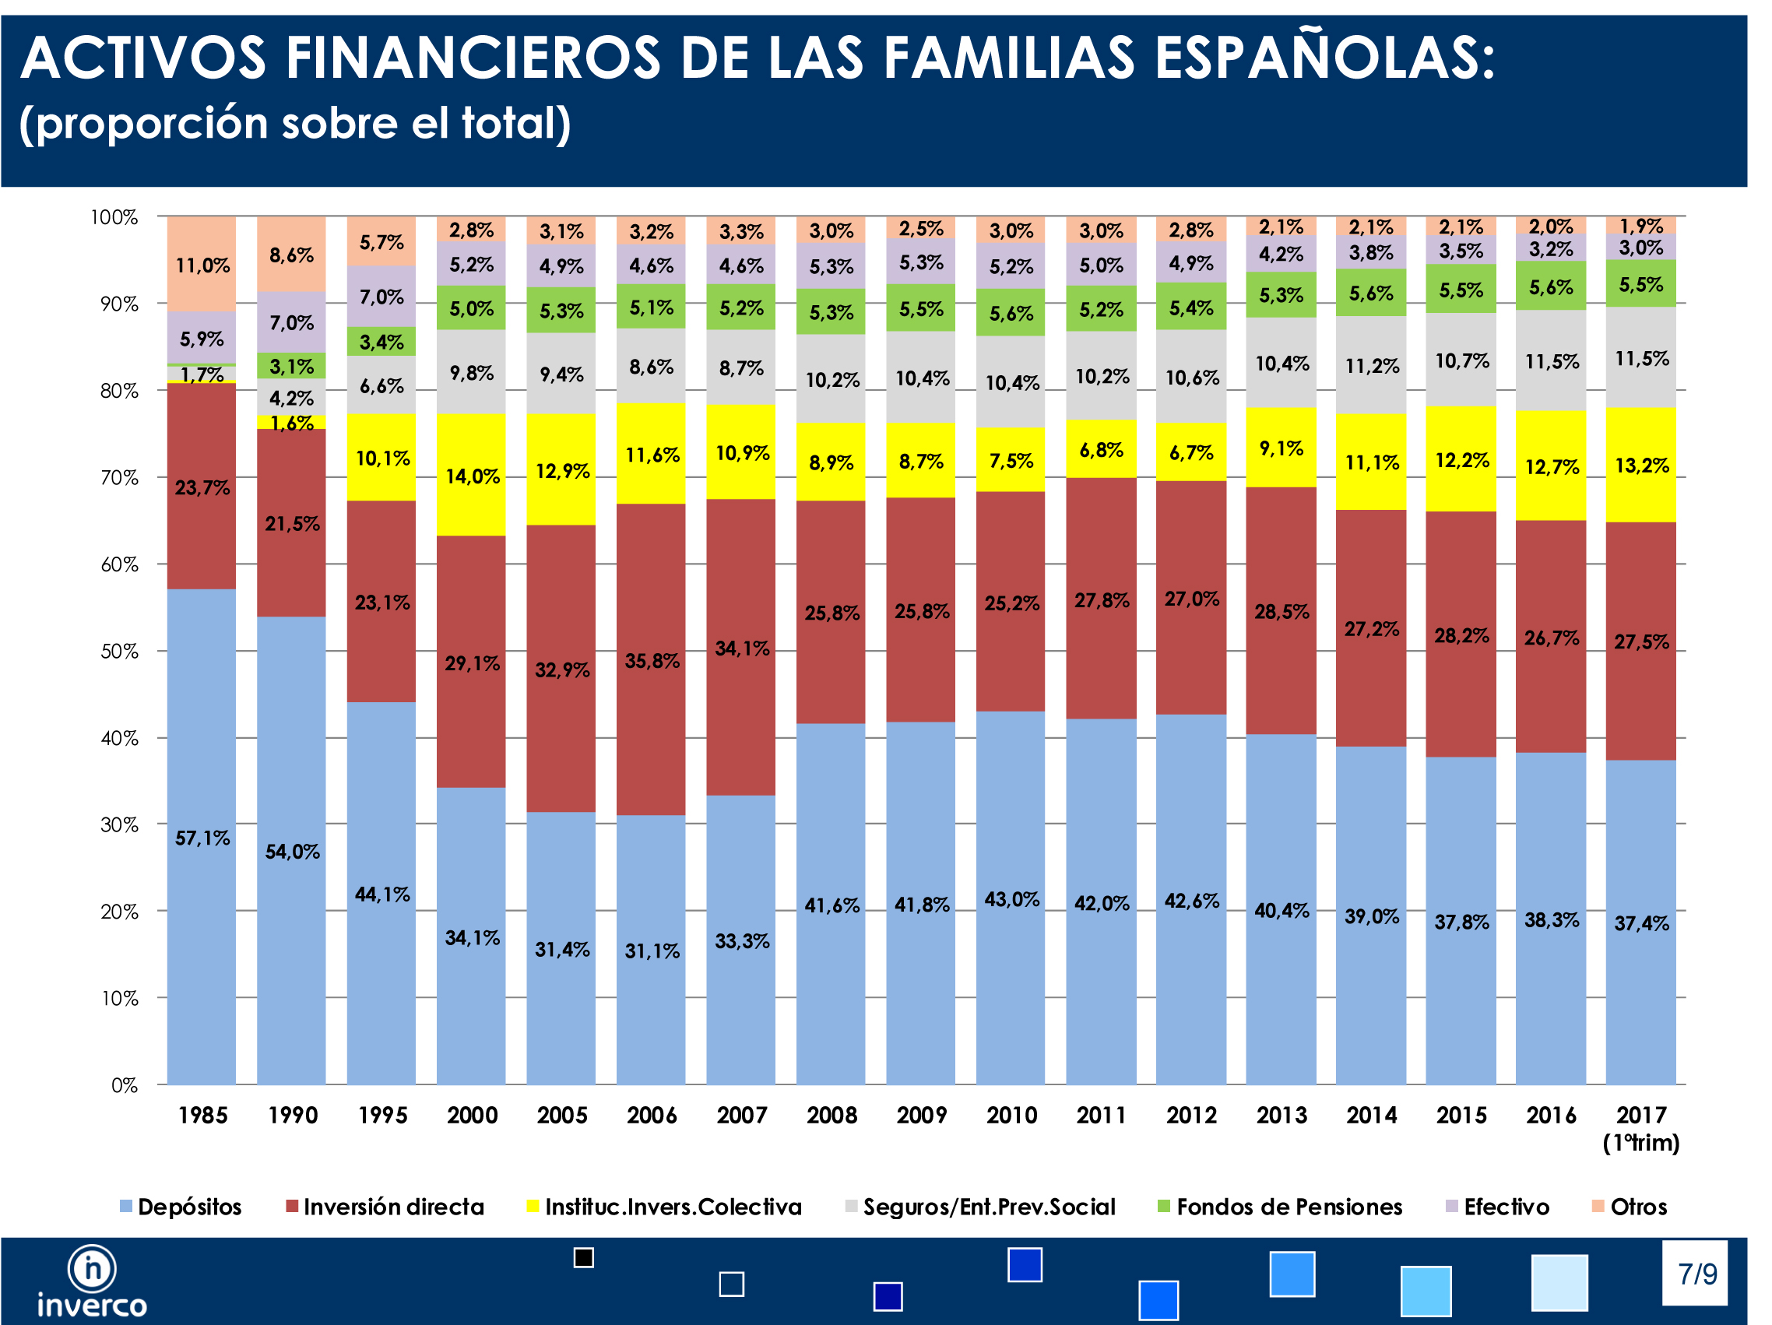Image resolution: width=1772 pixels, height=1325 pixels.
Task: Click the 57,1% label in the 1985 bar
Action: [x=202, y=838]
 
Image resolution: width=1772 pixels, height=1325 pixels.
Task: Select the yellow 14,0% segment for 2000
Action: [x=472, y=476]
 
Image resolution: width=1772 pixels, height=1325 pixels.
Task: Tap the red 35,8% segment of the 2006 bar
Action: [x=652, y=660]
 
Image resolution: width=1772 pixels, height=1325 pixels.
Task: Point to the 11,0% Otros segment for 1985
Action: [x=202, y=265]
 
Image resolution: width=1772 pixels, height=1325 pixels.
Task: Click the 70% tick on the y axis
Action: [x=118, y=478]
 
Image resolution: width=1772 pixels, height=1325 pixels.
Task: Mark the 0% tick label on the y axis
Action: [x=124, y=1085]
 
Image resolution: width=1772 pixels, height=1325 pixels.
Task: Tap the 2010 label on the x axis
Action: [x=1011, y=1115]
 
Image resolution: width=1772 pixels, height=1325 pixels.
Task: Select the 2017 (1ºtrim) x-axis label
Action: [x=1640, y=1128]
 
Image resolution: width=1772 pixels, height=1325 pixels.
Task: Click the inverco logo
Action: [x=91, y=1281]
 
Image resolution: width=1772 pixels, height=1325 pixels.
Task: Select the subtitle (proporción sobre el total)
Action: [x=295, y=123]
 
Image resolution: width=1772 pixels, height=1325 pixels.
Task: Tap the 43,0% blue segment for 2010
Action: [x=1011, y=899]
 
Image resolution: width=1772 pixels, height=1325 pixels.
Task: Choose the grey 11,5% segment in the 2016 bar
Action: [x=1551, y=361]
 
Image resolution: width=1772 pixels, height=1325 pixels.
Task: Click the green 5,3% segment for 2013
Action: [x=1281, y=295]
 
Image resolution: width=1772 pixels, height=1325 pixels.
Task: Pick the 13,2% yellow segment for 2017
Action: [x=1640, y=466]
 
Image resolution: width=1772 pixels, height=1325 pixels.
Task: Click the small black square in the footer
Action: [x=584, y=1258]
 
